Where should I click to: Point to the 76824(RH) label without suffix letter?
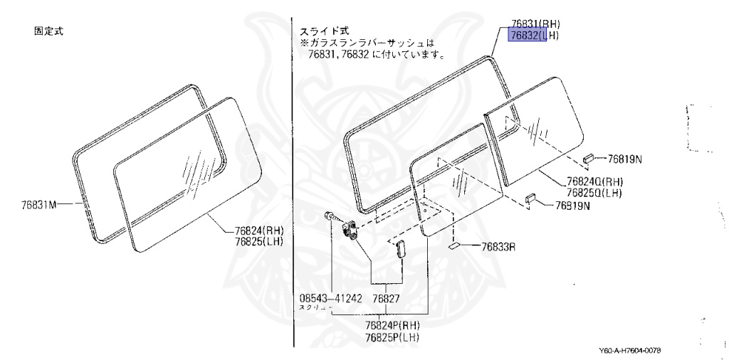pyautogui.click(x=258, y=229)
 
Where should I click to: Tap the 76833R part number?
pyautogui.click(x=498, y=247)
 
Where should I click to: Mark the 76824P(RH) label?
pyautogui.click(x=392, y=325)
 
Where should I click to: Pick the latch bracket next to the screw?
pyautogui.click(x=350, y=229)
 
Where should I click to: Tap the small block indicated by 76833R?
pyautogui.click(x=453, y=248)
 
